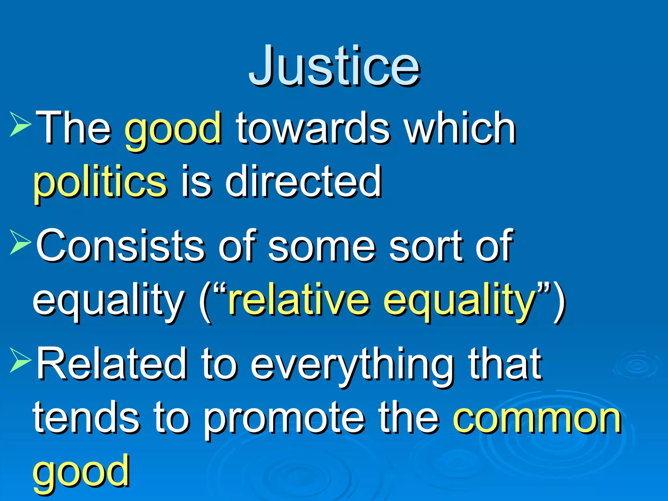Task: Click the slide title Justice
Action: point(334,67)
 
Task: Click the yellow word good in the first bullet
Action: point(173,129)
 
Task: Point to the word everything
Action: point(352,365)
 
